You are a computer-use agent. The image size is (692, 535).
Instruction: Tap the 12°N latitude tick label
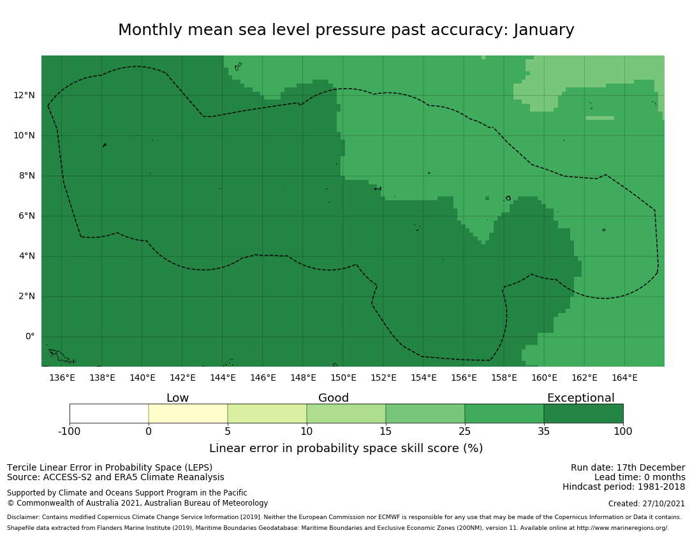click(25, 96)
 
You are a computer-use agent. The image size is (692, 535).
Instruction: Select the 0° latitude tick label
click(30, 337)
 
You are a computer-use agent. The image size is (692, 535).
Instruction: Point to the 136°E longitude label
click(62, 377)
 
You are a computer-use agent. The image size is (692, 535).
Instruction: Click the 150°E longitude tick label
click(343, 377)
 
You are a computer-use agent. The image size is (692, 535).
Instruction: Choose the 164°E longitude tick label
click(624, 377)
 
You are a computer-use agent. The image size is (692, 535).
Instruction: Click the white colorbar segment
click(109, 413)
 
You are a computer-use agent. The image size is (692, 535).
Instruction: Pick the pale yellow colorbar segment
click(188, 413)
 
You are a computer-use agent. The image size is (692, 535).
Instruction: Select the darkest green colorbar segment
click(583, 413)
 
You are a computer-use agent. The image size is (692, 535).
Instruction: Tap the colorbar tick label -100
click(70, 432)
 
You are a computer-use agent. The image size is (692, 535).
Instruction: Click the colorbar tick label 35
click(544, 432)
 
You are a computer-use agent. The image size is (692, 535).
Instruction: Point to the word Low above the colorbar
click(177, 399)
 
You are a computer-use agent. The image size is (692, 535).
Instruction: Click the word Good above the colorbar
click(334, 399)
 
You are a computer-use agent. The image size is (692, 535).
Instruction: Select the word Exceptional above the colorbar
click(580, 399)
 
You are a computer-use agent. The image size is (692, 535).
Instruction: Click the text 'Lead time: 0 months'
click(640, 478)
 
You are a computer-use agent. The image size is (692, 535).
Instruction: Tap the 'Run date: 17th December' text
click(628, 468)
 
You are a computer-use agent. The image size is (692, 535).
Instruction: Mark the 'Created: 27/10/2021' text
click(647, 504)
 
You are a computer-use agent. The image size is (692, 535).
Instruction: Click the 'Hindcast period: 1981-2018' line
click(624, 487)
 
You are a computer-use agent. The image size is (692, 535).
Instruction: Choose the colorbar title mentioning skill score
click(346, 448)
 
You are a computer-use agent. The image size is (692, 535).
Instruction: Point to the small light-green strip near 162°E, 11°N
click(600, 118)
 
